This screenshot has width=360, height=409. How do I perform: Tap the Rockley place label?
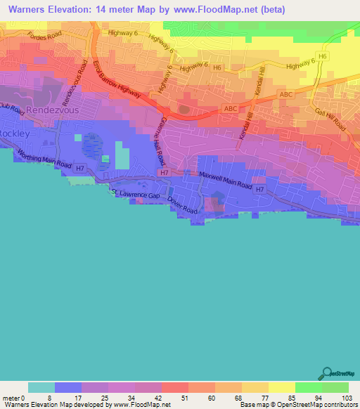tap(13, 133)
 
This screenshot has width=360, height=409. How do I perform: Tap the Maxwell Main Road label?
tap(225, 179)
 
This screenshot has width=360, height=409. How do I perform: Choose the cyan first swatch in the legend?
tap(41, 387)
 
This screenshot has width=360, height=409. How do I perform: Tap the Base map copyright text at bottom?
tap(299, 405)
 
